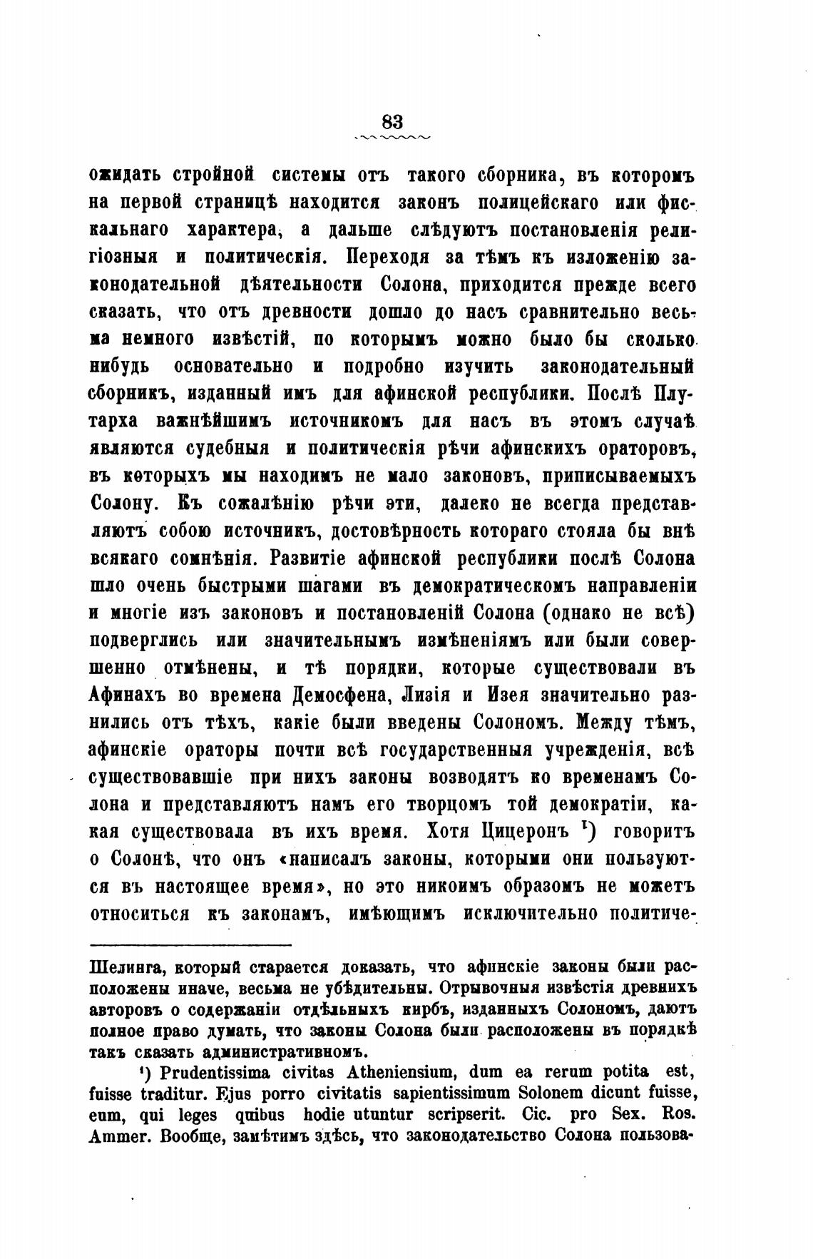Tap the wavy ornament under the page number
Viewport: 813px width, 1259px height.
coord(392,136)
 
